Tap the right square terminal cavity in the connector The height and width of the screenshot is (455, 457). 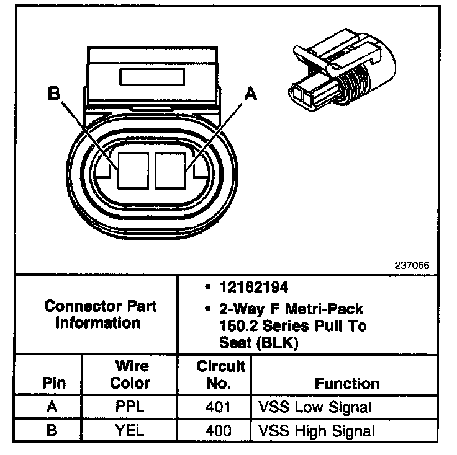[x=171, y=170]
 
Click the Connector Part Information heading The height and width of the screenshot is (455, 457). [x=101, y=314]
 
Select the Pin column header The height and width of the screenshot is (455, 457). [x=54, y=383]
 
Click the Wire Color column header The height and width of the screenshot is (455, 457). [x=130, y=374]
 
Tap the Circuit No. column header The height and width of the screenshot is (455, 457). [x=221, y=374]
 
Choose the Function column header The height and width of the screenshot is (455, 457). [x=347, y=383]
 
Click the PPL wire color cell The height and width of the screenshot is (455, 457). [x=130, y=407]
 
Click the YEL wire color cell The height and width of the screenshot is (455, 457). [x=130, y=430]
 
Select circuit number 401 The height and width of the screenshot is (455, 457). [x=218, y=407]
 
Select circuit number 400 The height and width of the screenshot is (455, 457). [x=218, y=430]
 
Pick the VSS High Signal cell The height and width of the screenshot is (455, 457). [x=316, y=430]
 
